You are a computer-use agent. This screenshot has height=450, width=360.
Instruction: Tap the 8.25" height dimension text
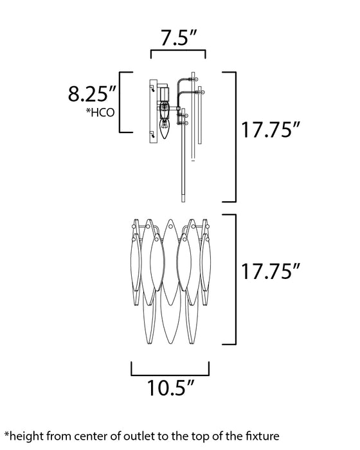[x=92, y=94]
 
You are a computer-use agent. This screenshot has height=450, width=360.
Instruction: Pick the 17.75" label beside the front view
[x=270, y=272]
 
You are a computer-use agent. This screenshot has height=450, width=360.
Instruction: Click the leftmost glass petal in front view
[x=134, y=270]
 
